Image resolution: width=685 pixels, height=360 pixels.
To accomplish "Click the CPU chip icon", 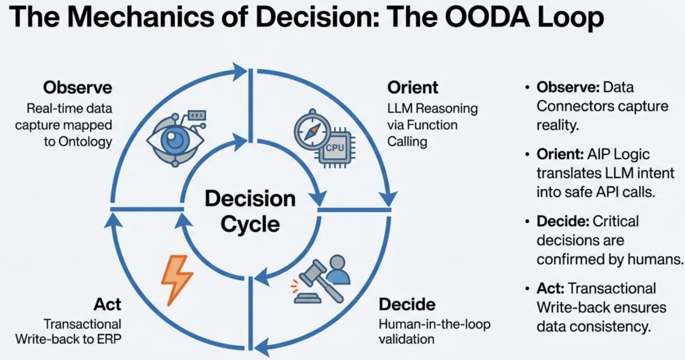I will pos(334,148).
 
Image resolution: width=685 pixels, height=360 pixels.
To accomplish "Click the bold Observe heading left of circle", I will pos(78,87).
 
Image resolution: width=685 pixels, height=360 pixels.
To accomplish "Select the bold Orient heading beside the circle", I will pos(413,87).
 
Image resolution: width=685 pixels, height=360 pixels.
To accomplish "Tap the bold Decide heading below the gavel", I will pos(407,304).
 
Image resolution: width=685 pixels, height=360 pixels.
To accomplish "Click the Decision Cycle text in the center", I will pos(251,211).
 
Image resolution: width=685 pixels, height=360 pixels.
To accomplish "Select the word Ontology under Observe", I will pos(85,141).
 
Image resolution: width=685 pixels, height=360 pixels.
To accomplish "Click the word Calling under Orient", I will pos(407,141).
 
